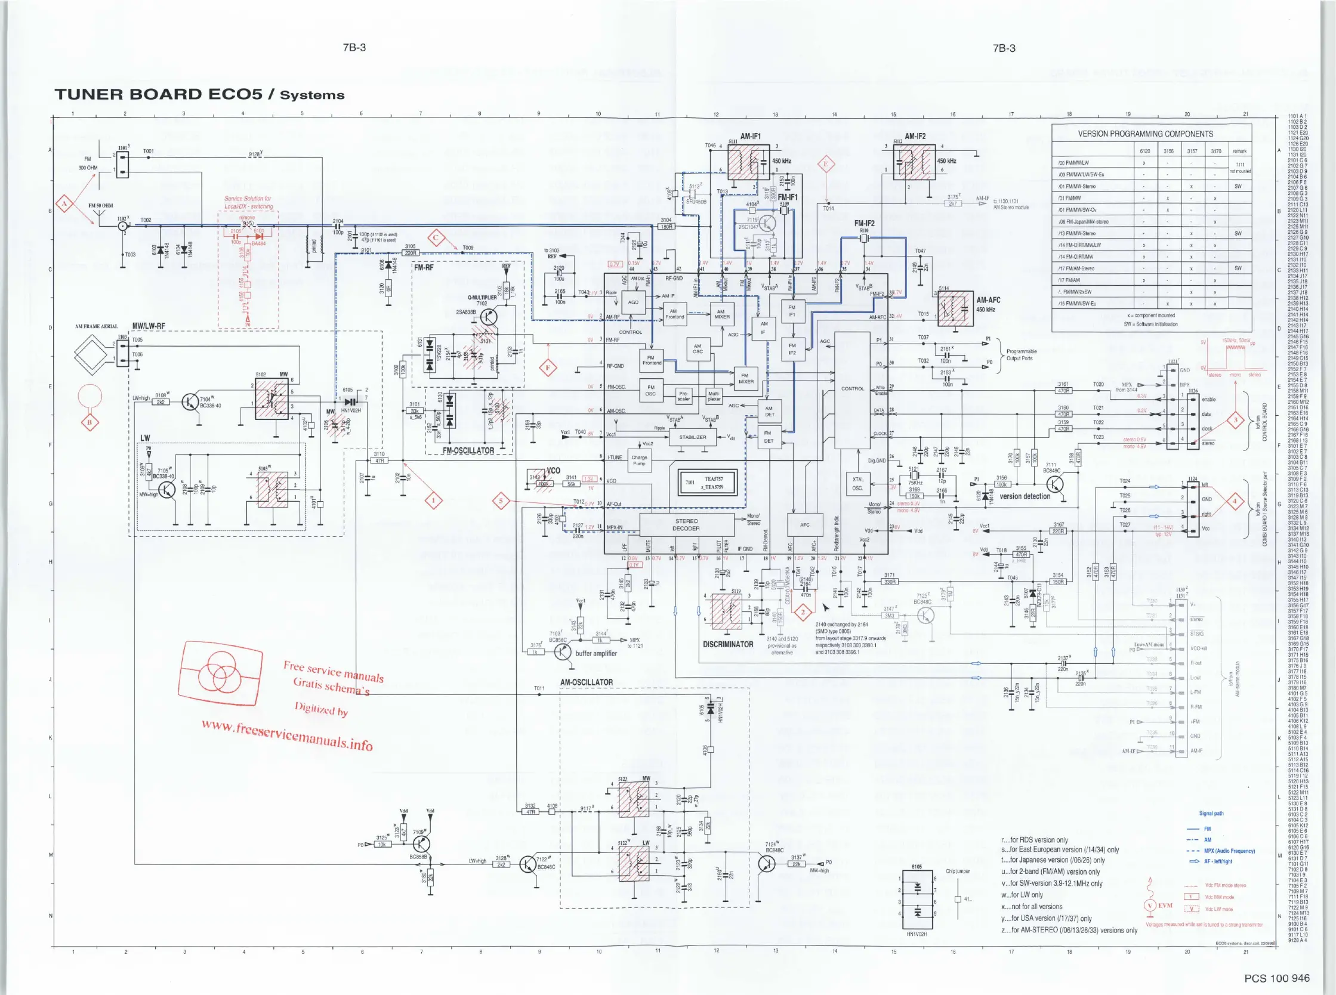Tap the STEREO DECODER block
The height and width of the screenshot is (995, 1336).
click(x=686, y=524)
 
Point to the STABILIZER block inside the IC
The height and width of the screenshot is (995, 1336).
click(x=692, y=437)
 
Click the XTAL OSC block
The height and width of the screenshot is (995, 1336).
click(x=857, y=484)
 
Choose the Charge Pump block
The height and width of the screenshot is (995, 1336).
click(x=639, y=461)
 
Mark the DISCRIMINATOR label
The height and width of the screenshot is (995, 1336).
click(x=727, y=644)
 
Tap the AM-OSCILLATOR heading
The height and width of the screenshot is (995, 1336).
click(x=586, y=682)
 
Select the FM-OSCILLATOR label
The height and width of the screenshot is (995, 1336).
click(x=468, y=450)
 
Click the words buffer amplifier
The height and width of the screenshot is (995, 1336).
click(x=596, y=654)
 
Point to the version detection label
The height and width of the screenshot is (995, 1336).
click(x=1025, y=496)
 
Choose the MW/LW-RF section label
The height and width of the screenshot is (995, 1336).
click(x=148, y=326)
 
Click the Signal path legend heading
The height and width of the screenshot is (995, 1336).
click(x=1211, y=813)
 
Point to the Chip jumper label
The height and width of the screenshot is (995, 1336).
click(x=958, y=871)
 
